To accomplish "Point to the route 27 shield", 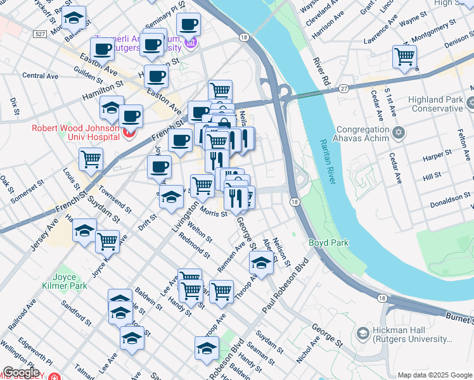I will click(343, 88).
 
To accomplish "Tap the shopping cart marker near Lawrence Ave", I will click(404, 57).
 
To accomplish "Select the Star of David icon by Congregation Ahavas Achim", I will click(398, 132).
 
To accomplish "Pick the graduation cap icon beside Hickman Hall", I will click(362, 333).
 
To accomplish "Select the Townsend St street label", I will click(115, 199).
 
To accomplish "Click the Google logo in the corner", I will click(21, 373).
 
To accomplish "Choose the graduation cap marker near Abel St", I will click(260, 261).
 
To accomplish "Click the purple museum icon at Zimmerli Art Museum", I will click(191, 43).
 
